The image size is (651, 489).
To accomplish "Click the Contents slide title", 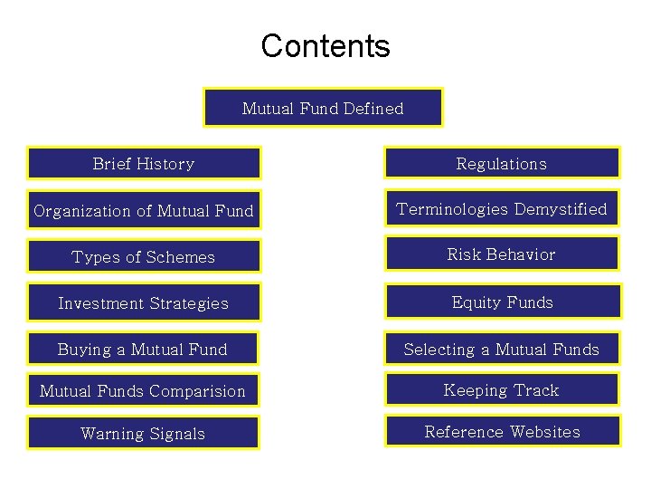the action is pos(325,45).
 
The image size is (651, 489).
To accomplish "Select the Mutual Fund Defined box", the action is pos(323,108).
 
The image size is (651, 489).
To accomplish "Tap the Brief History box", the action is pos(144,164).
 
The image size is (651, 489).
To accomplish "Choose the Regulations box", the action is pos(502,164).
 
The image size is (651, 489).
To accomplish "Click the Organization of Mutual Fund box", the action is pos(144,211).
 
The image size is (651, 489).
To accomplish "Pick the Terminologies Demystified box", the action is pos(502,209).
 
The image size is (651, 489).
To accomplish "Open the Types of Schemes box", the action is pos(144,257).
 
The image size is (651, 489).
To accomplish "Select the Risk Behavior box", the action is pos(502,254).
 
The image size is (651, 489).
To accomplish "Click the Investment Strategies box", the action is pos(144,303).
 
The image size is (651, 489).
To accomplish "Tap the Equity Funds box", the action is pos(503,302).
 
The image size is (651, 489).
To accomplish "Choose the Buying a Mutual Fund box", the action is pos(143,350).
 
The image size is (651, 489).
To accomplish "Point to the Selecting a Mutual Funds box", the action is pos(502,350).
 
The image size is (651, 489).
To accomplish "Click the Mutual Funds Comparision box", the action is pos(143,391).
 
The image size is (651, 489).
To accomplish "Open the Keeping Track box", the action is pos(502,390).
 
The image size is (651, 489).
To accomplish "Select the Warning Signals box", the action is pos(143,434).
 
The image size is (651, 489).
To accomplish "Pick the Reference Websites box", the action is pos(503,432).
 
